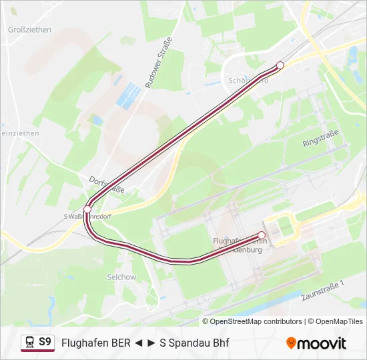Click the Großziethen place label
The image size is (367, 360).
[x=29, y=30]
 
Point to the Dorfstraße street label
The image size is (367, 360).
[x=107, y=185]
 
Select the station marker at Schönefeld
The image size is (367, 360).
[x=280, y=65]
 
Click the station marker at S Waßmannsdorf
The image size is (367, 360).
[x=87, y=209]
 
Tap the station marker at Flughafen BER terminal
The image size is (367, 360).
[x=262, y=235]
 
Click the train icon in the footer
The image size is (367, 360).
[x=29, y=342]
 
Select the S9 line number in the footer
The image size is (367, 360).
[x=45, y=342]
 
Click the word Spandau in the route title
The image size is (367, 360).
[x=186, y=343]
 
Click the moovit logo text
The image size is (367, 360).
[x=322, y=343]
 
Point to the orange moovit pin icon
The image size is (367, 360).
[x=291, y=343]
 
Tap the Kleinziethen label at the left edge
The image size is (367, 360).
[x=20, y=133]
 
